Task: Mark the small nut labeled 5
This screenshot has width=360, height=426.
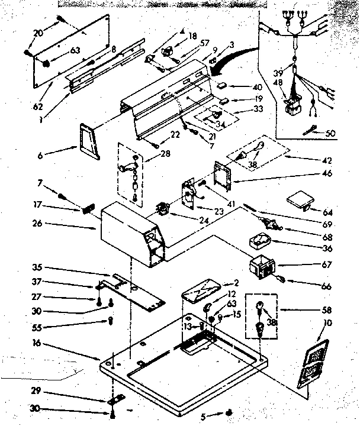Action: [228, 413]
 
